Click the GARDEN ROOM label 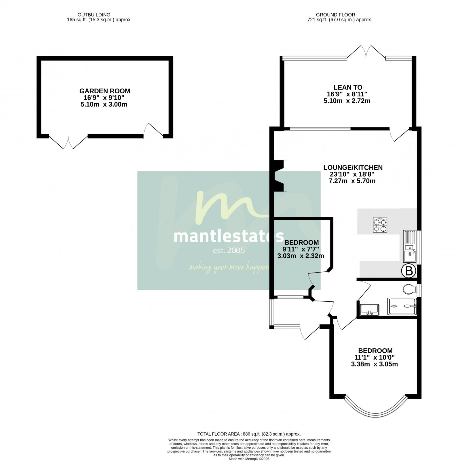pos(105,91)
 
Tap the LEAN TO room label pos(348,87)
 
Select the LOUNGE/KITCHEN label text pos(353,167)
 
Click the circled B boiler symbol pos(409,271)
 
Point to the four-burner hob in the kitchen pos(380,225)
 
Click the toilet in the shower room pos(409,289)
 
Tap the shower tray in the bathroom pos(402,306)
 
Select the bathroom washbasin pos(370,310)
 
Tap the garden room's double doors pos(68,142)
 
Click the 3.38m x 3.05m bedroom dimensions pos(374,364)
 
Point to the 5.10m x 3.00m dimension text pos(104,105)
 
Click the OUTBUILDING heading pos(94,15)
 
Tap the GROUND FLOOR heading pos(335,15)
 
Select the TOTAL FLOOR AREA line pos(249,434)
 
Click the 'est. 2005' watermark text pos(229,251)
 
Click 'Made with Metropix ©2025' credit pos(249,459)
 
